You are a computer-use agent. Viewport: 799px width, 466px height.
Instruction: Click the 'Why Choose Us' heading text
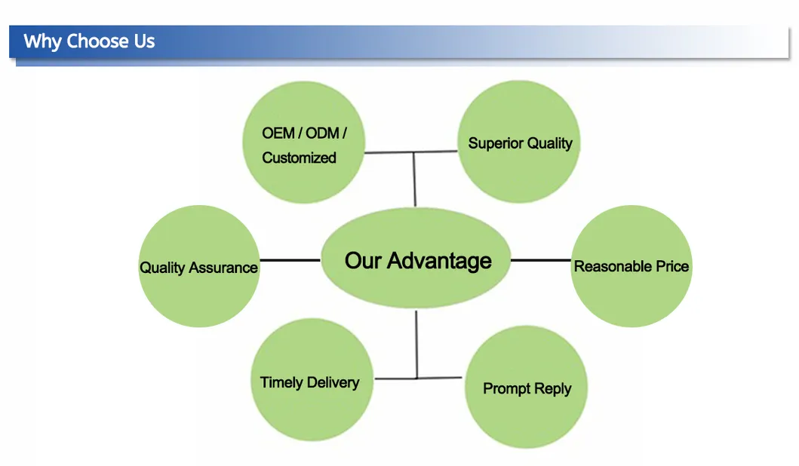coord(89,41)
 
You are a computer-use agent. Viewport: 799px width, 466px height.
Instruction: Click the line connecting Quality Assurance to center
coord(290,260)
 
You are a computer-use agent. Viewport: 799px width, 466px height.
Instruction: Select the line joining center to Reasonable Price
coord(541,260)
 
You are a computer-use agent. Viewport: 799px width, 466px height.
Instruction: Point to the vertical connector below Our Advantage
coord(416,343)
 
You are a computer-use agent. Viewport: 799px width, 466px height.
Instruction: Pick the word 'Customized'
coord(299,158)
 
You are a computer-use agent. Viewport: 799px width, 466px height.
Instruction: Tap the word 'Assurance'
coord(223,268)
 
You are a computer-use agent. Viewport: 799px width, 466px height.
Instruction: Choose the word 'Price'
coord(671,265)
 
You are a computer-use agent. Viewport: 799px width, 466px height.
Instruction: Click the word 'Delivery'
coord(333,382)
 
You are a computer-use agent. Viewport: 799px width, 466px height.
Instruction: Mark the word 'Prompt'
coord(506,389)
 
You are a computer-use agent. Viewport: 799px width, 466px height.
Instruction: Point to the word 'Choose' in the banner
coord(98,41)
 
